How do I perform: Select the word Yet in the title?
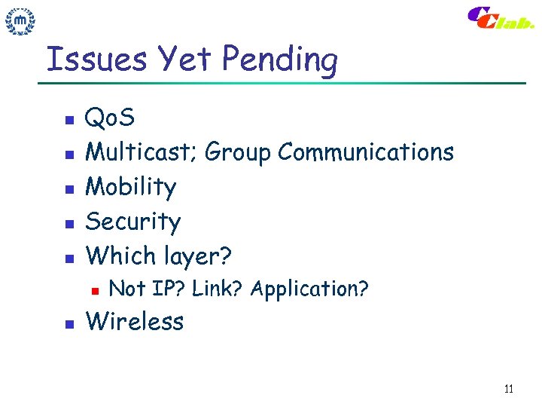coord(178,58)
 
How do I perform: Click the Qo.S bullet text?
coord(110,118)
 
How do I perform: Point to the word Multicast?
coord(141,152)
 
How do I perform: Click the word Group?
coord(238,154)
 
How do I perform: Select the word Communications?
coord(366,152)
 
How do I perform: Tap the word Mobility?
coord(131,188)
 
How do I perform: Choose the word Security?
coord(133,222)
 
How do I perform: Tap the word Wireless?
coord(135,322)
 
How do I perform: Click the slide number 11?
coord(508,389)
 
